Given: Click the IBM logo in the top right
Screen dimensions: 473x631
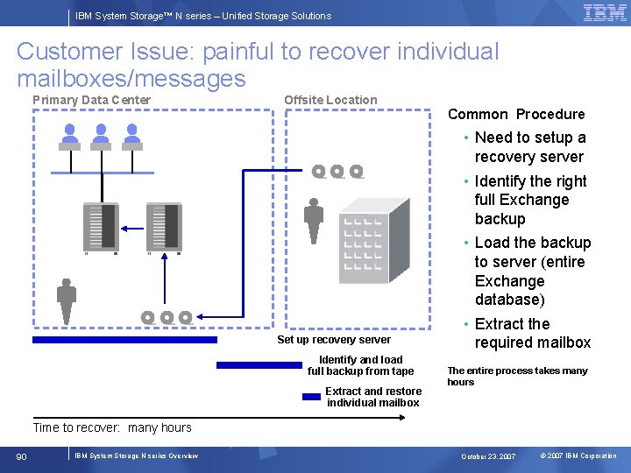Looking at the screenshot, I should point(604,13).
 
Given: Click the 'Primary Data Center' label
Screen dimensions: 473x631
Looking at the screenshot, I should point(91,100).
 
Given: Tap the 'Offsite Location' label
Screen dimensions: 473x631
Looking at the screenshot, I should point(330,100).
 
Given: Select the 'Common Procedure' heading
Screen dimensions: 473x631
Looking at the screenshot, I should point(515,114).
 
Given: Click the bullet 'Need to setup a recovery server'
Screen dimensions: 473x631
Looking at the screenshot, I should point(529,147).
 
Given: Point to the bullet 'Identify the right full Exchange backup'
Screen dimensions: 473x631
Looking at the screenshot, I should point(529,200).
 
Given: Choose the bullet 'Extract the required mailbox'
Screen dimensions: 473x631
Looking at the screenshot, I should point(532,334).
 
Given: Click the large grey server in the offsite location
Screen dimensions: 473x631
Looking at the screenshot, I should point(373,240).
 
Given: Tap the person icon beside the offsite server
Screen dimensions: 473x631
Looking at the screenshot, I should point(314,222).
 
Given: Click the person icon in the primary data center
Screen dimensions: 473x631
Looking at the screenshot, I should point(66,300).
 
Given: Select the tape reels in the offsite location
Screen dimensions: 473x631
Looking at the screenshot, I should point(337,172).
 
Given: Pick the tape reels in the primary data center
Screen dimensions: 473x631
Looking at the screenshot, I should point(167,317).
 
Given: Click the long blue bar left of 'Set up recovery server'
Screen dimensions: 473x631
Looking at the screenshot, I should point(124,339).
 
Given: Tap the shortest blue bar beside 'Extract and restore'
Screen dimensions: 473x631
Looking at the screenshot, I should point(311,396).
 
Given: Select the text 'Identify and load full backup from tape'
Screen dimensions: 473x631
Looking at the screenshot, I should point(360,365).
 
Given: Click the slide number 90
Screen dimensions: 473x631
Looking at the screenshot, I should point(22,455).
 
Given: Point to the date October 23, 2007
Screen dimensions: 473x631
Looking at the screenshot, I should point(488,456).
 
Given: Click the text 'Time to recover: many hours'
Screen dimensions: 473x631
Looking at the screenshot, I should point(111,427).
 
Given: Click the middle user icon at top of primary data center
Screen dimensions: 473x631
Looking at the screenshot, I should point(101,134).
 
